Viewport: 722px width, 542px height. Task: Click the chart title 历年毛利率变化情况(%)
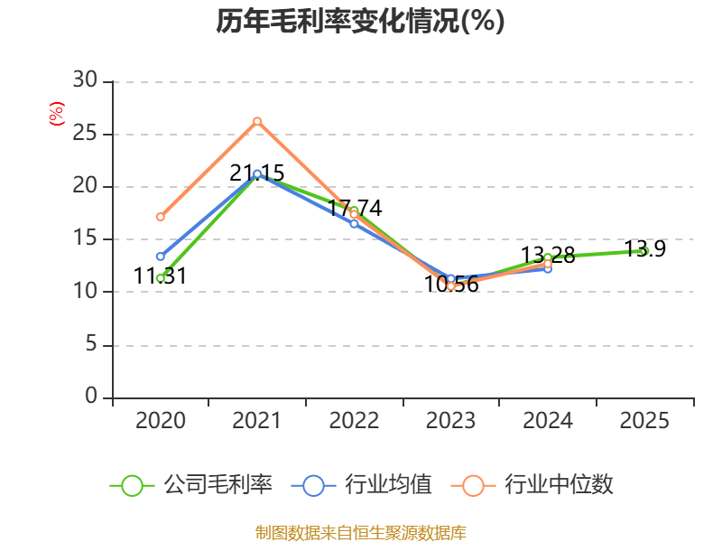[360, 21]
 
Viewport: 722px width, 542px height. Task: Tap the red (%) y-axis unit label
[57, 114]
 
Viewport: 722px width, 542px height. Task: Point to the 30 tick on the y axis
[85, 79]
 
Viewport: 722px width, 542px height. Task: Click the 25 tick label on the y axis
[85, 133]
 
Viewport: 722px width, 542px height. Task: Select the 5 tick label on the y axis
[91, 344]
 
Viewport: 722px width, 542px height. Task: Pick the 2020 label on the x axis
[161, 420]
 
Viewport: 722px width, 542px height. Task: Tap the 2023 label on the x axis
[450, 420]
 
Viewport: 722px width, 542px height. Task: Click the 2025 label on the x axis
[644, 420]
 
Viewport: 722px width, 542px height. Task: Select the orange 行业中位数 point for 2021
[257, 121]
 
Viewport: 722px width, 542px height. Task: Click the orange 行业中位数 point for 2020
[161, 217]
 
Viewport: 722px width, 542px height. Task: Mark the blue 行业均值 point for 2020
[161, 257]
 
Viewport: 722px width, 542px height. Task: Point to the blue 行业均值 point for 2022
[354, 223]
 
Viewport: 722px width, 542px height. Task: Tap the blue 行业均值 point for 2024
[548, 268]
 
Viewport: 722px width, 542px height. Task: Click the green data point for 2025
[644, 251]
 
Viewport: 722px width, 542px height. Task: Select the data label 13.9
[644, 249]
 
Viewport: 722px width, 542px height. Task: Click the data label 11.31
[161, 276]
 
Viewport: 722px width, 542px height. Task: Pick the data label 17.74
[355, 209]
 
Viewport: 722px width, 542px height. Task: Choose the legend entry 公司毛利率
[191, 485]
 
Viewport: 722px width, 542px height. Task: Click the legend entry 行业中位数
[532, 485]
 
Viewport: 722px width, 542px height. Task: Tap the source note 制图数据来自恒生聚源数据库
[361, 533]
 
